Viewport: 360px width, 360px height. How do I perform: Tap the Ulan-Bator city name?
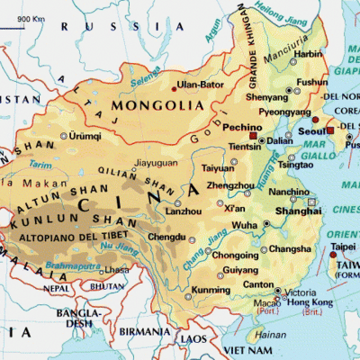198,86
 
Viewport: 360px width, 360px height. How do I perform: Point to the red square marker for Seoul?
330,130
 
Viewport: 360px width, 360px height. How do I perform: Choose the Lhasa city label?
116,269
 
